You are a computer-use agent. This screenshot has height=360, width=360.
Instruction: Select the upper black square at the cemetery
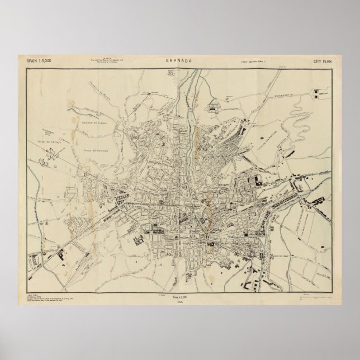click(x=320, y=89)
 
